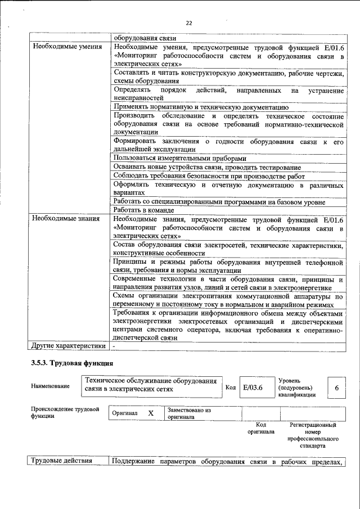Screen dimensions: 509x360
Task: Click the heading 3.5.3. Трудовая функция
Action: (x=73, y=363)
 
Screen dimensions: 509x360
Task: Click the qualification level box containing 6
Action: (x=336, y=388)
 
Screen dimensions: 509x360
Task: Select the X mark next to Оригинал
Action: (x=151, y=413)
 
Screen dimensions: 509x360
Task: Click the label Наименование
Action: (x=51, y=386)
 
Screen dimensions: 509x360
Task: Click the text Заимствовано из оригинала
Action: (x=188, y=414)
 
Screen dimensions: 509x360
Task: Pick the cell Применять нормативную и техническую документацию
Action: (x=201, y=106)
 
